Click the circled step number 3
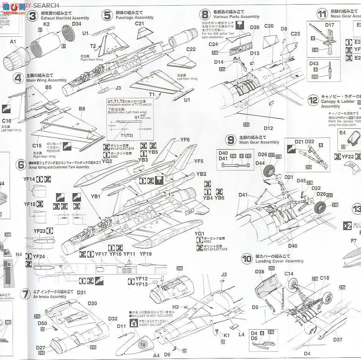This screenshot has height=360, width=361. click(x=33, y=16)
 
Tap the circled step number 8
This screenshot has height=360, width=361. click(x=205, y=15)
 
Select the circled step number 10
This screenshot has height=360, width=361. click(x=247, y=259)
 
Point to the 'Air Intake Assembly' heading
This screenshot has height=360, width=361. click(x=49, y=297)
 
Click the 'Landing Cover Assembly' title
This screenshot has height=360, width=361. click(x=279, y=261)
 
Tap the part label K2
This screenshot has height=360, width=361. click(x=47, y=24)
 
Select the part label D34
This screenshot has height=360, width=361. click(x=76, y=24)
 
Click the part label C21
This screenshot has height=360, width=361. click(x=139, y=24)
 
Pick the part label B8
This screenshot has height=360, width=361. click(x=82, y=109)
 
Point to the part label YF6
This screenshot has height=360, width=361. click(x=185, y=140)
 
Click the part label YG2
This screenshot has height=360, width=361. click(x=107, y=161)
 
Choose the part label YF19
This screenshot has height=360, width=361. click(x=146, y=254)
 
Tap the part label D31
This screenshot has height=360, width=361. click(x=81, y=292)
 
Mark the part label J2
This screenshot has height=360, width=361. click(x=224, y=275)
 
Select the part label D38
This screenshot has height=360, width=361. click(x=260, y=272)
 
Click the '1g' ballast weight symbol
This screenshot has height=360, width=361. click(x=142, y=344)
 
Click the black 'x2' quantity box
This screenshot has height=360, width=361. click(x=347, y=225)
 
